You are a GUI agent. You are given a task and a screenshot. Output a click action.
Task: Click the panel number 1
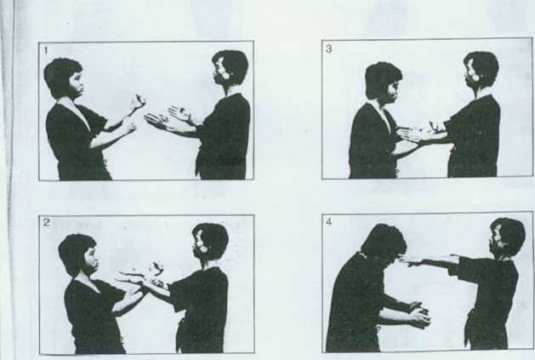46,51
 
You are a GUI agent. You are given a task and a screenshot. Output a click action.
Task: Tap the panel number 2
47,223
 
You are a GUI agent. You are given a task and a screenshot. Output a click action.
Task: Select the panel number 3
328,49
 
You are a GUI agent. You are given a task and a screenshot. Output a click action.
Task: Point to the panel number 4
328,222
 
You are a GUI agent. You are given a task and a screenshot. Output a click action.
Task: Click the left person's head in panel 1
64,78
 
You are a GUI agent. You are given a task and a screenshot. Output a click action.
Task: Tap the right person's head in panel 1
230,67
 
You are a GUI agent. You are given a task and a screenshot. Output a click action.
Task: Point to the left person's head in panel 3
384,81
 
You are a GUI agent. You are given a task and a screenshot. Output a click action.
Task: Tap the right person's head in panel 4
508,237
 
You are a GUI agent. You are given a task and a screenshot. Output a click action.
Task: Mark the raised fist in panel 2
157,267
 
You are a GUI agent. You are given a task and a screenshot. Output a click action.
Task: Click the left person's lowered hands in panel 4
418,314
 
